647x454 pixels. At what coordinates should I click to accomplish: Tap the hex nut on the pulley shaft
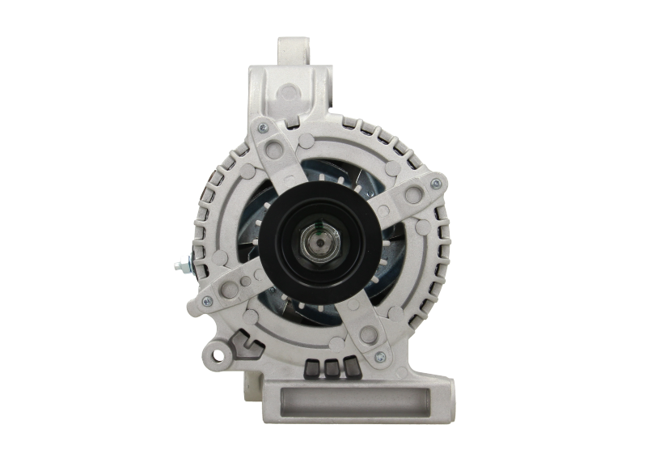coord(323,239)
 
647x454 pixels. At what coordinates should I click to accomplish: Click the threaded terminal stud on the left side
coord(179,264)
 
